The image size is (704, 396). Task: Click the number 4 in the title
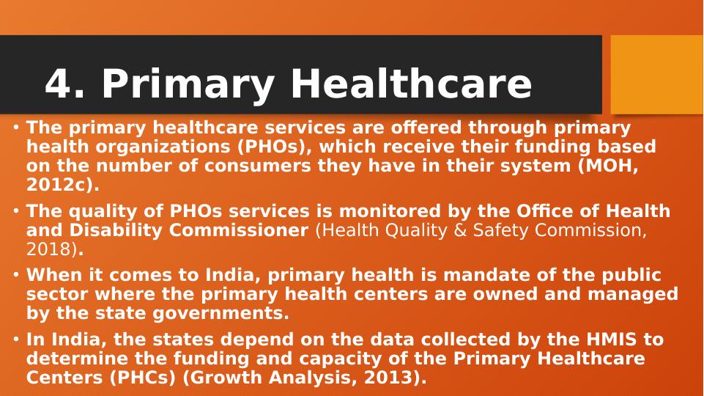(x=59, y=83)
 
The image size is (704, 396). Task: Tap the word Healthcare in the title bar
(x=411, y=83)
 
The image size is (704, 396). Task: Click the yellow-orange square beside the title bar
(x=657, y=75)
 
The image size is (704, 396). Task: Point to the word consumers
(x=258, y=166)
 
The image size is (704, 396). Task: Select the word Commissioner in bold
(x=238, y=230)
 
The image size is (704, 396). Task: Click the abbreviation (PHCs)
(x=143, y=378)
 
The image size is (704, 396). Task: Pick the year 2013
(x=385, y=378)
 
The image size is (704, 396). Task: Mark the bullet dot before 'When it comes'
(x=16, y=275)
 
